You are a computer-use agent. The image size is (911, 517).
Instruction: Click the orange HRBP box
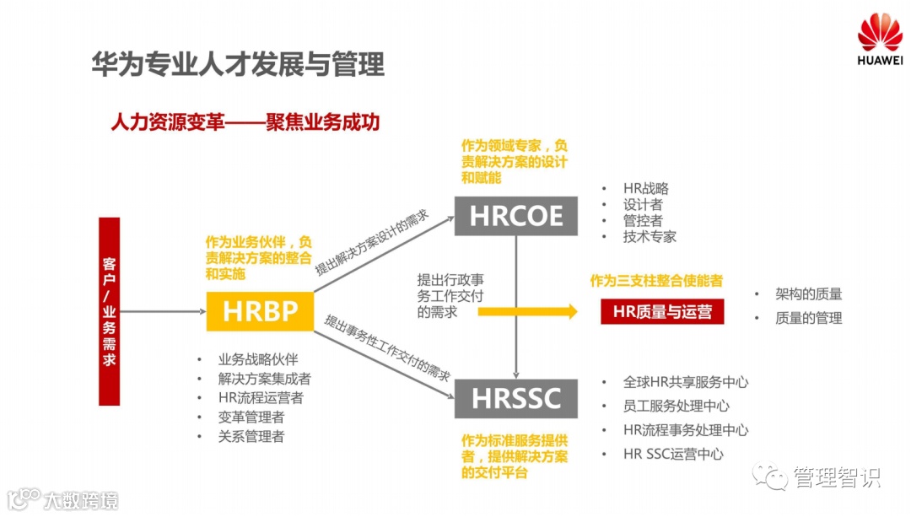(x=260, y=311)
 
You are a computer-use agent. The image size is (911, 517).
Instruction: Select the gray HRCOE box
(x=515, y=216)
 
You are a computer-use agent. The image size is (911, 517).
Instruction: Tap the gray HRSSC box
(x=515, y=398)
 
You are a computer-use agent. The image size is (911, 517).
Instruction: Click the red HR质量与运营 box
(x=662, y=311)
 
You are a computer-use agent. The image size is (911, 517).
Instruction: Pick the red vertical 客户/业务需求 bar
(x=109, y=311)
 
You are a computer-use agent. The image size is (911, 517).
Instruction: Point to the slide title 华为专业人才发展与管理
(x=238, y=64)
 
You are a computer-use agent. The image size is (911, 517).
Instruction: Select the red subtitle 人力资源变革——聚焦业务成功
(x=245, y=122)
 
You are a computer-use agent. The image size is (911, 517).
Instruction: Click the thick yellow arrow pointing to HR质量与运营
(x=528, y=311)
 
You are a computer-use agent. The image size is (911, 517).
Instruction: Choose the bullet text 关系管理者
(x=251, y=436)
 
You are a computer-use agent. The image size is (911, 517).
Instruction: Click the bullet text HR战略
(x=645, y=188)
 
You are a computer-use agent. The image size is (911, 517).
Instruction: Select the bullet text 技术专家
(x=650, y=236)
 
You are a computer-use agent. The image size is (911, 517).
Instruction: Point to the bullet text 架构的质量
(x=809, y=294)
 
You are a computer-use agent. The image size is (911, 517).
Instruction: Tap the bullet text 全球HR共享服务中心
(x=685, y=382)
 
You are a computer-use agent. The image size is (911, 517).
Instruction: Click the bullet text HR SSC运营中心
(x=673, y=454)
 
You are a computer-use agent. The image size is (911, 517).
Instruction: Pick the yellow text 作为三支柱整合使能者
(x=655, y=281)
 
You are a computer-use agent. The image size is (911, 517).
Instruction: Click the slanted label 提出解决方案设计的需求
(x=372, y=243)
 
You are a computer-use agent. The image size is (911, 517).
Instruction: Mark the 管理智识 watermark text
(x=836, y=477)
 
